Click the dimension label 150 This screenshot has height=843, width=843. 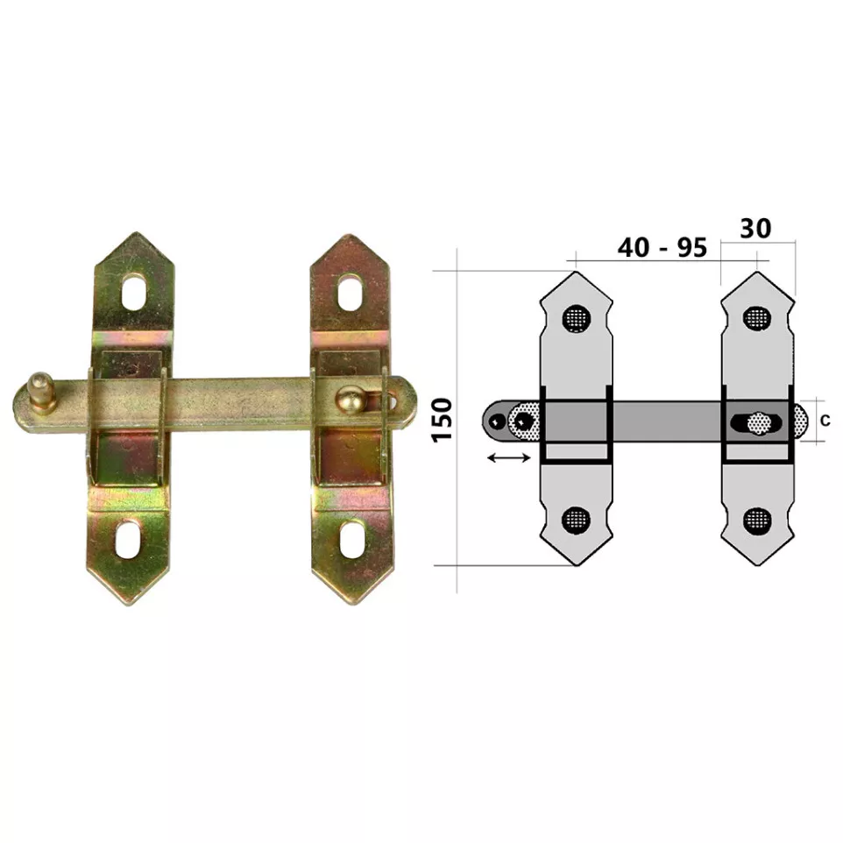[443, 420]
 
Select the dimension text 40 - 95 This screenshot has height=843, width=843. [662, 247]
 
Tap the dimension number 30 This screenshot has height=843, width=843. [755, 229]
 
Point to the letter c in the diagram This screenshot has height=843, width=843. [825, 421]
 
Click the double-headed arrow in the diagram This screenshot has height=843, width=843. [508, 457]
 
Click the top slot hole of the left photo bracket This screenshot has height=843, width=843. [134, 292]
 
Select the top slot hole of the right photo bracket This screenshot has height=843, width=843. [350, 293]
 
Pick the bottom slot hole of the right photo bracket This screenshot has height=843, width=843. [351, 540]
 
